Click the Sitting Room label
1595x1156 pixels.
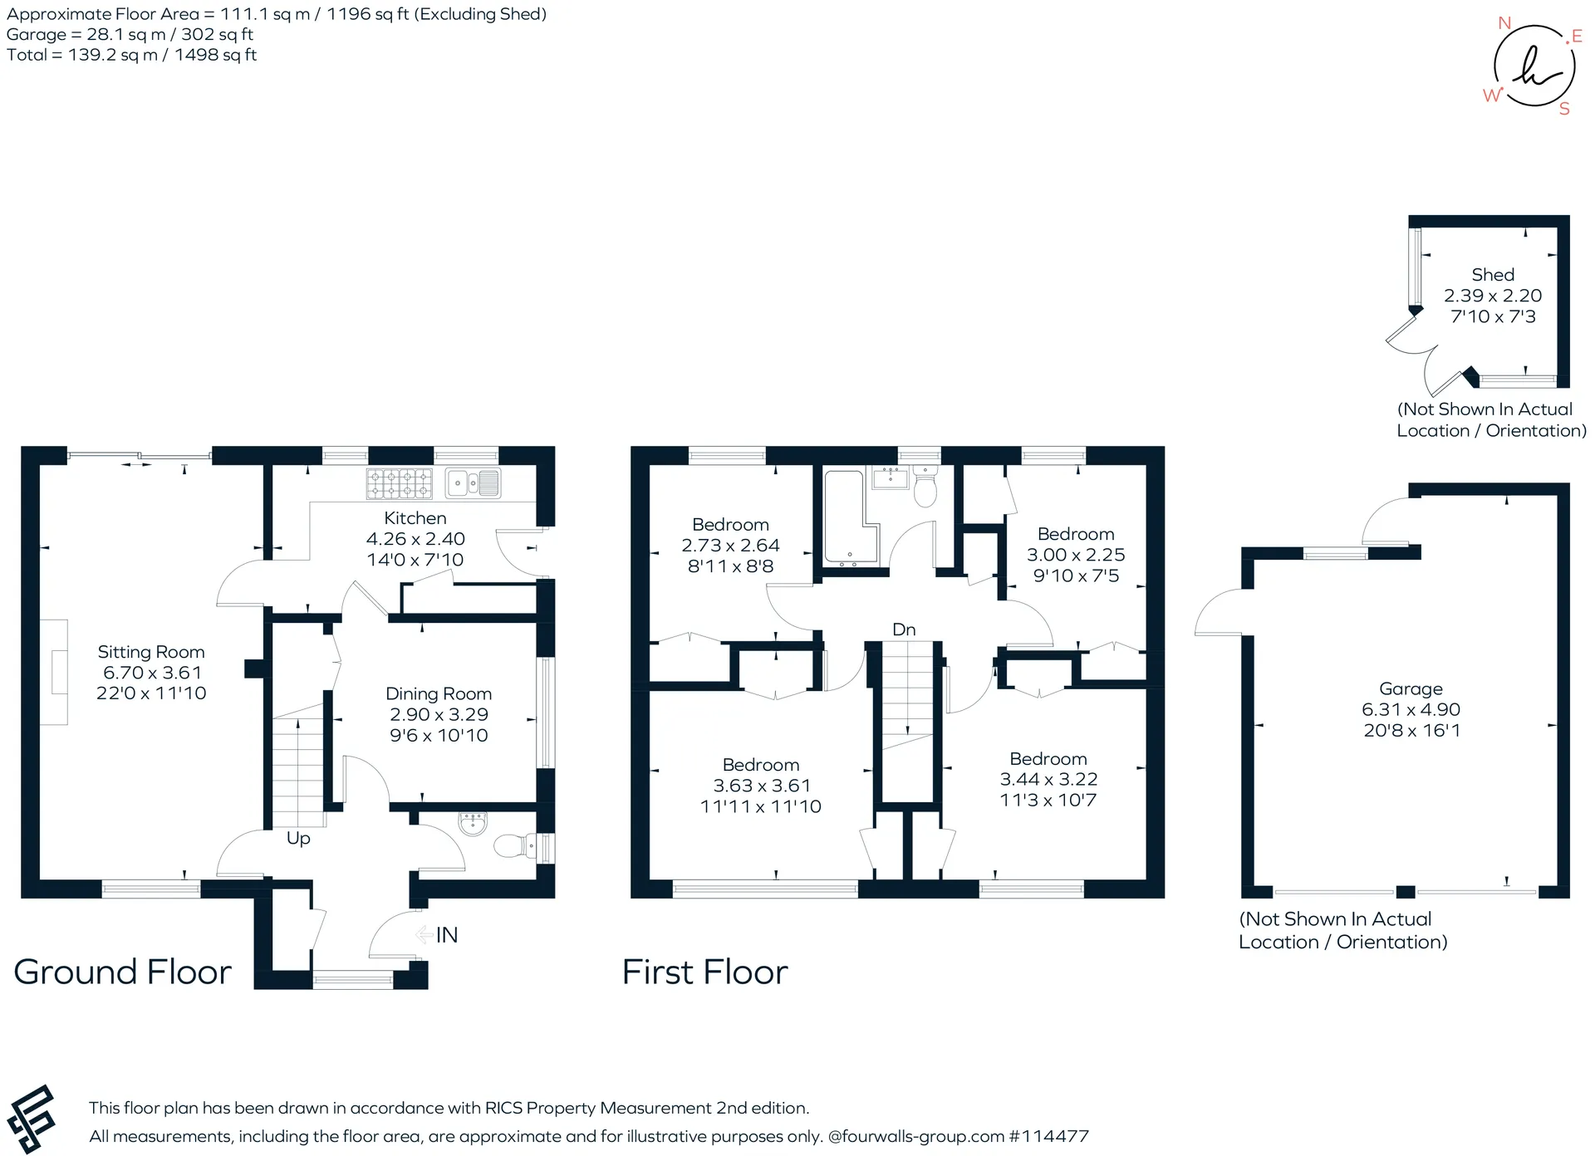pos(151,652)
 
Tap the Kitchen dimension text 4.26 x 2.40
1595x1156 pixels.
pos(415,539)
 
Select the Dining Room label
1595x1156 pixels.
pos(439,693)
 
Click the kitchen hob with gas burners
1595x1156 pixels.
pos(400,483)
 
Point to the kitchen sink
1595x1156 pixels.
pos(473,483)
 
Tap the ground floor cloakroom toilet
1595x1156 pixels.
pos(515,846)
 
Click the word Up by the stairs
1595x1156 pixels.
pos(298,839)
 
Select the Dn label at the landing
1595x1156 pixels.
pos(904,629)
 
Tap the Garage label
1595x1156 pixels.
pos(1411,689)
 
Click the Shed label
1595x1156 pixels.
pos(1493,275)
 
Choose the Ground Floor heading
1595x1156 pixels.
pos(123,972)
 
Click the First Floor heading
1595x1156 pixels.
pos(705,972)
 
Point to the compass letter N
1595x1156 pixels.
pos(1504,23)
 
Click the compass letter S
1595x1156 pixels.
pos(1564,109)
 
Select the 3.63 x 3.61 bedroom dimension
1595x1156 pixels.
pos(762,786)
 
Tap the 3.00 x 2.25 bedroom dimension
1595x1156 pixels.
pos(1076,555)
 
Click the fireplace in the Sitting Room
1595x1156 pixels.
pos(55,673)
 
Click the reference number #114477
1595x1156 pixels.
pos(1048,1136)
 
